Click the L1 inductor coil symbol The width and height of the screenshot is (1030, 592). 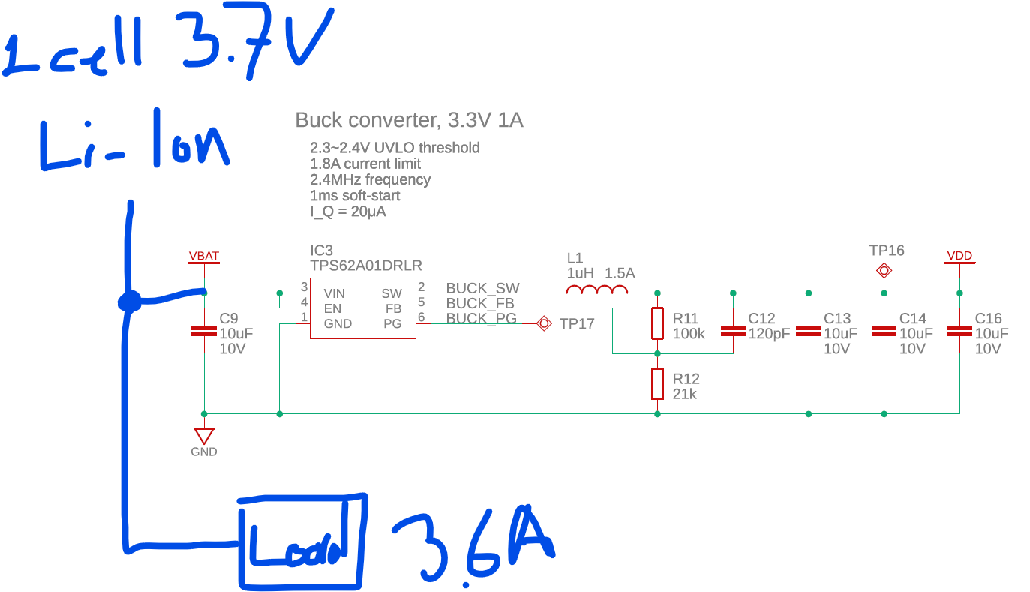[x=597, y=290]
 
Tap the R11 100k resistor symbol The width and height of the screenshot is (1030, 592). [x=658, y=323]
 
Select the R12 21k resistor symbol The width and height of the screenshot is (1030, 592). [x=658, y=383]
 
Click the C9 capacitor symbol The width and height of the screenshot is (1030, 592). [x=204, y=331]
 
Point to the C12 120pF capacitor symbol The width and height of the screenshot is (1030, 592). [x=733, y=331]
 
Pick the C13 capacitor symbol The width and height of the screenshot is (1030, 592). [x=809, y=331]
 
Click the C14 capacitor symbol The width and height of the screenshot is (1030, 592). [x=884, y=331]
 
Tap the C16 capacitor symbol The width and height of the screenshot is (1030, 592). [x=959, y=331]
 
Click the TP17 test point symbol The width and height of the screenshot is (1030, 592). [x=544, y=323]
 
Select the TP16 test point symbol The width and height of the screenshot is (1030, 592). [x=884, y=270]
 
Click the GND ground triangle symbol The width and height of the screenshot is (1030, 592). [x=204, y=436]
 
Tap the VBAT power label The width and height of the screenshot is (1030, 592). [x=204, y=256]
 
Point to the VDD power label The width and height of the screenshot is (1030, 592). [x=959, y=256]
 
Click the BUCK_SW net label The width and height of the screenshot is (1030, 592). [x=482, y=288]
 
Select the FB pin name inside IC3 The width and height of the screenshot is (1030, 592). [x=393, y=308]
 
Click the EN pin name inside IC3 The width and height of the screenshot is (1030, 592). [x=332, y=308]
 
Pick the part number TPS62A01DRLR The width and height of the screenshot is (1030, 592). [x=366, y=266]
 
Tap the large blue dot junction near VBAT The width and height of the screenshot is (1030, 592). [x=130, y=302]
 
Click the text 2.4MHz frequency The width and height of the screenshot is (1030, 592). [x=370, y=179]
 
